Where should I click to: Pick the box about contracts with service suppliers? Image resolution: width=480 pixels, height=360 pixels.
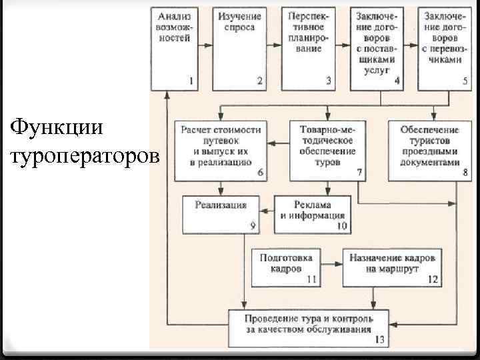point(377,48)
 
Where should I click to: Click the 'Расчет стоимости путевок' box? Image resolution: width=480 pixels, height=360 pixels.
point(221,151)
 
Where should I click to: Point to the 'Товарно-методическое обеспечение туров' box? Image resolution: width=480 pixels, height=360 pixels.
point(327,151)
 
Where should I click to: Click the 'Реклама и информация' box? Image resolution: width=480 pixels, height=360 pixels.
point(312,211)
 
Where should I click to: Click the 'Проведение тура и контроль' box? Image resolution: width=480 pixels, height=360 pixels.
point(309,327)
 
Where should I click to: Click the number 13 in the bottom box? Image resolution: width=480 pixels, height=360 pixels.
point(379,340)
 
